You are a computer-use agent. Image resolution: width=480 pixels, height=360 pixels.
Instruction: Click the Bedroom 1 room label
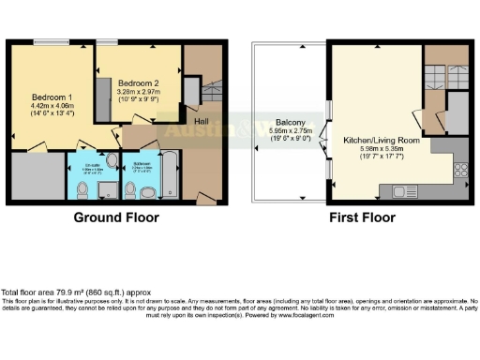click(48, 97)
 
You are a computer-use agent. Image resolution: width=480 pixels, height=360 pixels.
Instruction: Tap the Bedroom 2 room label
click(138, 83)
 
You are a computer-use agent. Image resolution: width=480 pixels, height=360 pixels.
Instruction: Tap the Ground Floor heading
click(116, 217)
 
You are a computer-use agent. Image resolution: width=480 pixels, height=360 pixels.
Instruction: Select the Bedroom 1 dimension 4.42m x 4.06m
click(48, 108)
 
